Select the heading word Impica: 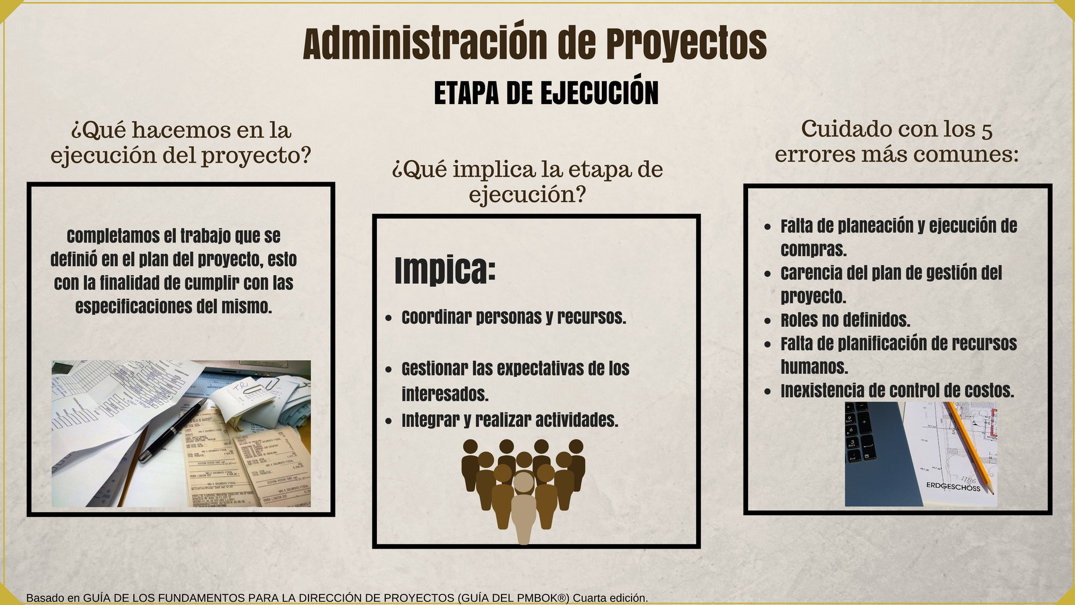pyautogui.click(x=445, y=271)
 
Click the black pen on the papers pyautogui.click(x=174, y=430)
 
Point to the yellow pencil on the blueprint pyautogui.click(x=970, y=448)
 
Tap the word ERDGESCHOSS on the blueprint pyautogui.click(x=953, y=486)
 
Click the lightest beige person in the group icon pyautogui.click(x=524, y=508)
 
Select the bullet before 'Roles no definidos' pyautogui.click(x=768, y=321)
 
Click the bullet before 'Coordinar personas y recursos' pyautogui.click(x=389, y=318)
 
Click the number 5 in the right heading pyautogui.click(x=987, y=131)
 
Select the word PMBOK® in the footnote pyautogui.click(x=542, y=598)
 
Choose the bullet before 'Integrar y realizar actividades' pyautogui.click(x=389, y=421)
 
